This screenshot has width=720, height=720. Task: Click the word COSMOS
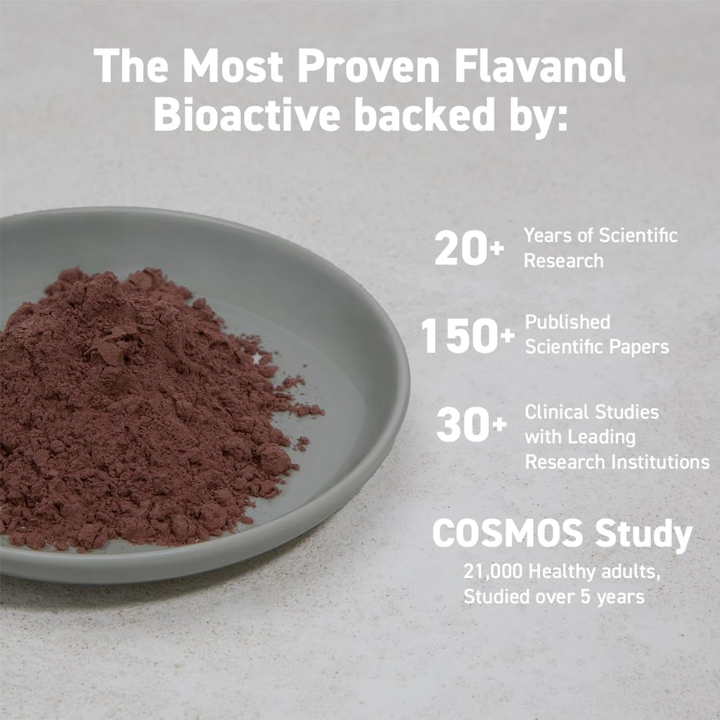pyautogui.click(x=508, y=534)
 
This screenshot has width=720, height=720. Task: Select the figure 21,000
pyautogui.click(x=493, y=572)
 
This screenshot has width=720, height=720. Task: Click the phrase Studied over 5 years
pyautogui.click(x=553, y=597)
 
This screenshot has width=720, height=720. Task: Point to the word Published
pyautogui.click(x=568, y=322)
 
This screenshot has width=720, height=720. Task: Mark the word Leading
pyautogui.click(x=600, y=437)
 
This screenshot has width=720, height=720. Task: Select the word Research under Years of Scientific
pyautogui.click(x=563, y=260)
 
